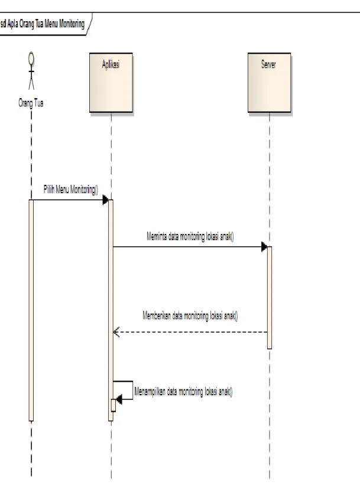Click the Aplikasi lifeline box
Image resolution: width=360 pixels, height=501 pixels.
[111, 83]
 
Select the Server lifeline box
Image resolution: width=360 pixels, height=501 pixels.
[269, 83]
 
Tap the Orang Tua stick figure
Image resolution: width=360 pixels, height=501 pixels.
[31, 71]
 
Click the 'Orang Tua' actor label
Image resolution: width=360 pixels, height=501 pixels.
[31, 103]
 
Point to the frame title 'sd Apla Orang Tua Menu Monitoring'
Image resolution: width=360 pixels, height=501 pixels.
[42, 24]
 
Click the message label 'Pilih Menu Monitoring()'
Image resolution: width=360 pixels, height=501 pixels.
[71, 190]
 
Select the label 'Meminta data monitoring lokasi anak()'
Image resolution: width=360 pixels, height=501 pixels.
[190, 237]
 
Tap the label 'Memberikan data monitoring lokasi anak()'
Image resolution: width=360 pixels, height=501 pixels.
[190, 316]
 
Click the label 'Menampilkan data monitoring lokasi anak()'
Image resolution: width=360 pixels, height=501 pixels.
[183, 392]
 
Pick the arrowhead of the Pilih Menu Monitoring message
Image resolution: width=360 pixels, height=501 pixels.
[105, 200]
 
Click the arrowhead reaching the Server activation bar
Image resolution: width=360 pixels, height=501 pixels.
[264, 247]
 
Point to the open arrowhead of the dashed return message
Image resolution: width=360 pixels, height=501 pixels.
[116, 332]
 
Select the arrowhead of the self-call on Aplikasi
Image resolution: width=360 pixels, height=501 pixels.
[119, 399]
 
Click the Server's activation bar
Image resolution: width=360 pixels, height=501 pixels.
[269, 298]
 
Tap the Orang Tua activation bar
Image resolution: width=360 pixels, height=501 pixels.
[31, 311]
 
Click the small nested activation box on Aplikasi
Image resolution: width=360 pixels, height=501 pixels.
[113, 405]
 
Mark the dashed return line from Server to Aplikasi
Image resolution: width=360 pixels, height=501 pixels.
[190, 332]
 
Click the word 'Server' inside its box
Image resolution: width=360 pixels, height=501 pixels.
[268, 64]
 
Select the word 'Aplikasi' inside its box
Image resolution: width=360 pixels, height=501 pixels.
[111, 64]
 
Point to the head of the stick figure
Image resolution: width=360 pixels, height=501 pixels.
[31, 58]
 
